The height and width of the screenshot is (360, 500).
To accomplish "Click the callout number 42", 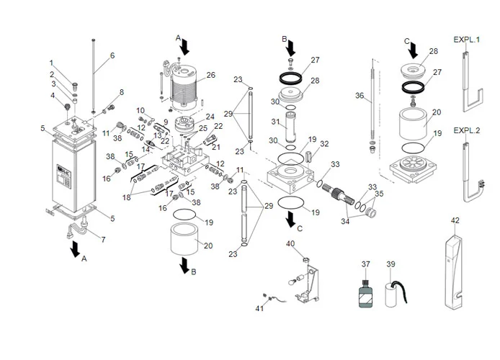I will tap(455, 220).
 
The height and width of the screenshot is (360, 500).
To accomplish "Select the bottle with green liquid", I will tap(366, 295).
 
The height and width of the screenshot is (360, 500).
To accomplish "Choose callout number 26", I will tap(210, 75).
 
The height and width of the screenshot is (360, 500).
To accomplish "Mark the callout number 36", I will tap(360, 95).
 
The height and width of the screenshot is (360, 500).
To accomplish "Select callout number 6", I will tap(112, 55).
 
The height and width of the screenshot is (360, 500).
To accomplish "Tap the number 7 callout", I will tap(102, 239).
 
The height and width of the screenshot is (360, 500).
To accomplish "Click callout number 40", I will tap(291, 244).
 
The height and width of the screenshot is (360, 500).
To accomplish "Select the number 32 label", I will tap(324, 143).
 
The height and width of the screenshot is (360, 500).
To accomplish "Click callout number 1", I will tap(52, 62).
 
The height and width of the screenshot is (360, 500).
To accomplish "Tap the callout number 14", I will tap(146, 150).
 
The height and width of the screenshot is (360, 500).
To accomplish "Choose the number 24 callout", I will tap(210, 117).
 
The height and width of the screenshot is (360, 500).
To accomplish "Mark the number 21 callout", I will tap(215, 146).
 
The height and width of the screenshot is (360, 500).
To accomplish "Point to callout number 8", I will tap(121, 92).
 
